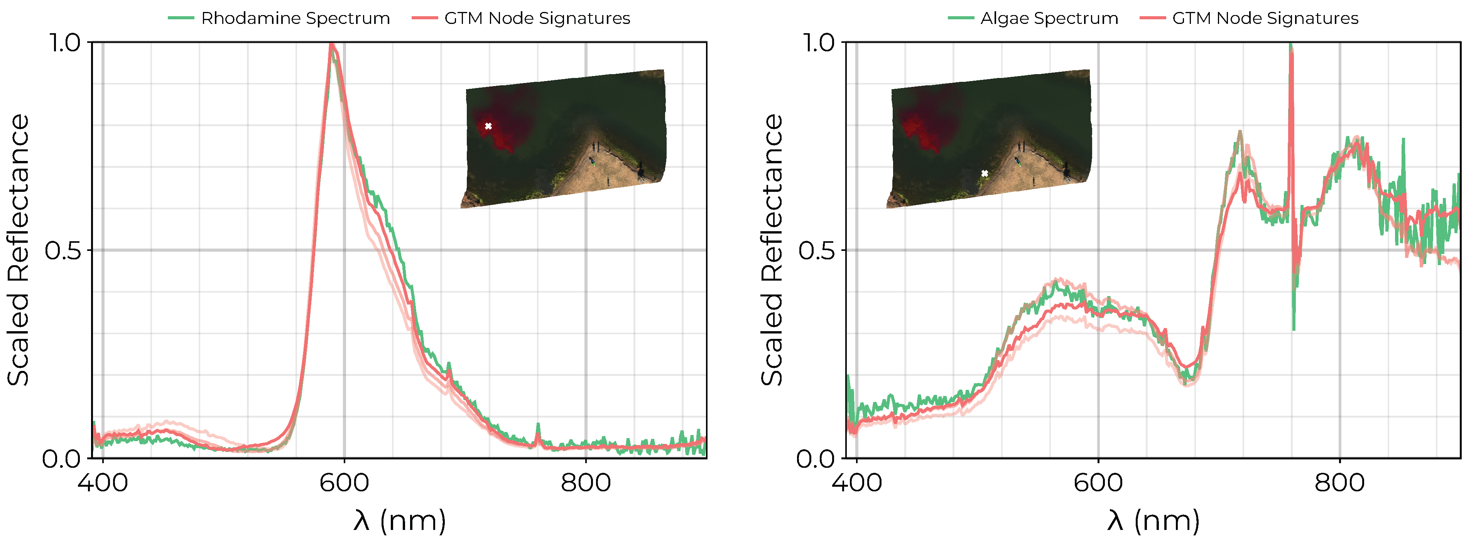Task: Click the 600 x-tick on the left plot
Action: click(344, 482)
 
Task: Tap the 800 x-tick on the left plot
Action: click(586, 482)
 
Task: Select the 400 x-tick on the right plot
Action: click(856, 482)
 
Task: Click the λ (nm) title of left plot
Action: click(399, 520)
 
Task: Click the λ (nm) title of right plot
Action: click(1153, 520)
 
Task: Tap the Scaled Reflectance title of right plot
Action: click(772, 250)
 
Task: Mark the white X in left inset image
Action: click(488, 126)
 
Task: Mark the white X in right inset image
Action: click(985, 173)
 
